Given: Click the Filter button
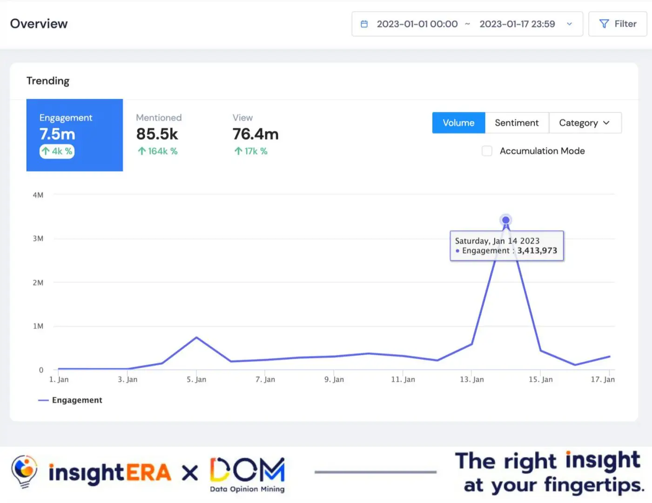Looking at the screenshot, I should (x=618, y=24).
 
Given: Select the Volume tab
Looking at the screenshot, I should (x=458, y=123).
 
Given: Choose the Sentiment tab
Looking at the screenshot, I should (x=517, y=123).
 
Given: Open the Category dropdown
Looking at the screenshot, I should (x=585, y=123).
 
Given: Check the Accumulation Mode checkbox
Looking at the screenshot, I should (x=487, y=151).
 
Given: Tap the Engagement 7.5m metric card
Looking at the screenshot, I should (x=74, y=135).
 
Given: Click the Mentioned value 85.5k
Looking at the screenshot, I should (x=157, y=134).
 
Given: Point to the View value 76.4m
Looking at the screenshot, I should (x=255, y=134).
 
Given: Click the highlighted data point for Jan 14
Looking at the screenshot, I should (x=505, y=220).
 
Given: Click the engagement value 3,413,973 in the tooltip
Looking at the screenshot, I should (x=537, y=251).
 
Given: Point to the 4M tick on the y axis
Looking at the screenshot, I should (x=38, y=195).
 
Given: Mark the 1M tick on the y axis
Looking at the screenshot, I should (x=38, y=326).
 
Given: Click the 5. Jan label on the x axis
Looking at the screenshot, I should (x=196, y=380).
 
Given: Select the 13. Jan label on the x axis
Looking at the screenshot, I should (x=472, y=380).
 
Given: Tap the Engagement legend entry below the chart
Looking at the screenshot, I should (x=70, y=400).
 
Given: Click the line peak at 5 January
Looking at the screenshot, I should (x=196, y=337).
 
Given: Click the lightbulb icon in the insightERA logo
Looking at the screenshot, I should (x=24, y=471).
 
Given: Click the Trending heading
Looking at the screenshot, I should (x=48, y=81).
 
